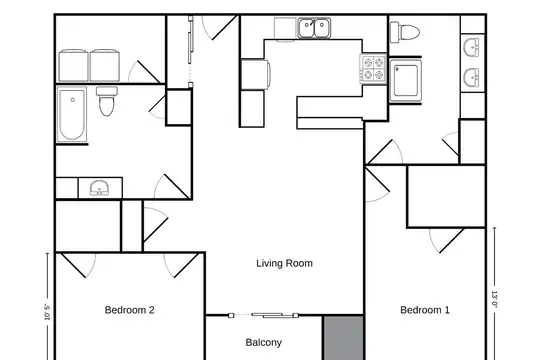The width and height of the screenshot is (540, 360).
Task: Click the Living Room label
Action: pos(284,264)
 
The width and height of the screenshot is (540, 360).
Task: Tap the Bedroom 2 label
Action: pos(129,310)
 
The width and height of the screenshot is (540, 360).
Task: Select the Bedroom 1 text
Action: pos(425,310)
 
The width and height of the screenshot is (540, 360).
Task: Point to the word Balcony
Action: pos(264,342)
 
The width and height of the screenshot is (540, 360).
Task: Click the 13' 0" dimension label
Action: pos(495,299)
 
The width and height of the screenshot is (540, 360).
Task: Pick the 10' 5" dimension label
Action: pos(47,312)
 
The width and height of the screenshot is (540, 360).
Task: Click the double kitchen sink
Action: pos(314,28)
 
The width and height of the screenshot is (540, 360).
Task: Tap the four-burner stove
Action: pos(373,69)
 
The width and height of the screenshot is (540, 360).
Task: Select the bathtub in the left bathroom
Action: pos(72,114)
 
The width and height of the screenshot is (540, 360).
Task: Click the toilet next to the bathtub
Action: pos(107,101)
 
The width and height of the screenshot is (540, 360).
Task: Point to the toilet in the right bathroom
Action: pos(405,33)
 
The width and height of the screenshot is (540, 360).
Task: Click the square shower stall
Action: pos(406,81)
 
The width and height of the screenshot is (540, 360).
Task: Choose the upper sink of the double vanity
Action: pos(472,47)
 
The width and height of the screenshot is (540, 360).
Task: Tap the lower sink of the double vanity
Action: pos(472,78)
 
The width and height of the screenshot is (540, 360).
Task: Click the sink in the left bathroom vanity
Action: pos(100,188)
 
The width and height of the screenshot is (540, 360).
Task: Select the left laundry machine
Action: pos(73,65)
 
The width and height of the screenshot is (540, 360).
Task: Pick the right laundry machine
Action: pos(105,65)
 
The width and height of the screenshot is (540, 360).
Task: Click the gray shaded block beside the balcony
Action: pos(343,338)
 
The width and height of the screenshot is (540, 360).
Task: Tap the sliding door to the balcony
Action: pos(263,315)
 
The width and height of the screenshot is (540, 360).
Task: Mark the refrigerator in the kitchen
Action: pos(255,74)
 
